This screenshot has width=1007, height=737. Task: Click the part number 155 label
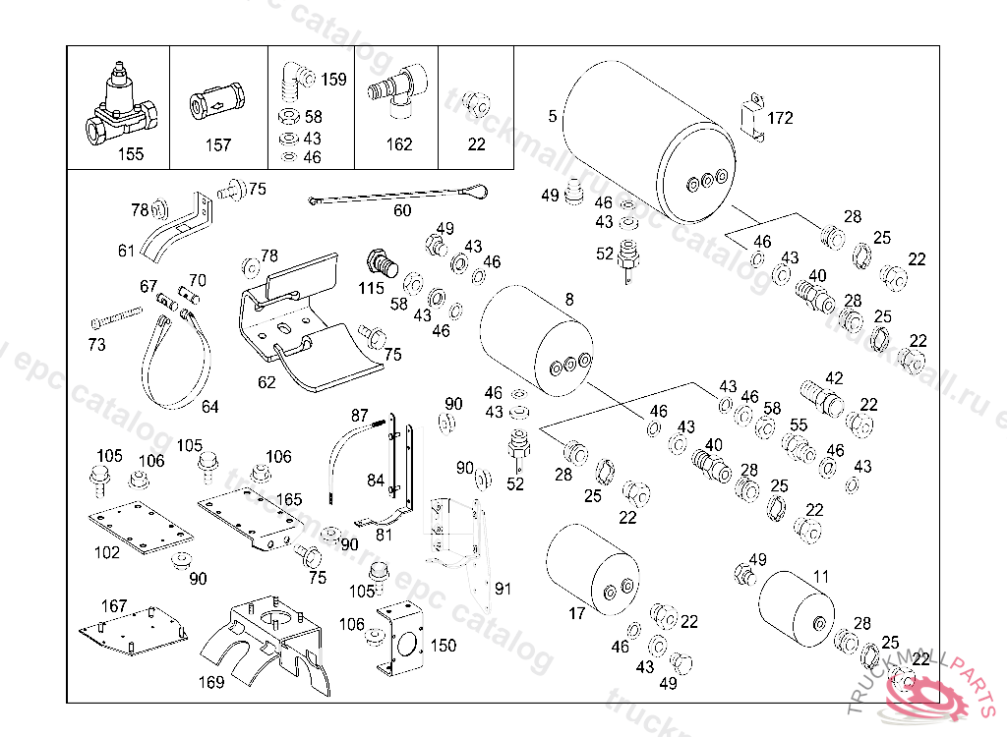pos(130,153)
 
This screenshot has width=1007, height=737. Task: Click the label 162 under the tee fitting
pos(398,144)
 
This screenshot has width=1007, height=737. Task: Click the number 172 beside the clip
pos(780,118)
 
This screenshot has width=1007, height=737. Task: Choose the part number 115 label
pos(371,289)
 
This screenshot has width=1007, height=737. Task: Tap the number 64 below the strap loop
pos(209,407)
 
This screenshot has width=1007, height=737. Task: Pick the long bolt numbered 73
pos(116,320)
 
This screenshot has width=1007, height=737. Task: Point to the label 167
pos(115,606)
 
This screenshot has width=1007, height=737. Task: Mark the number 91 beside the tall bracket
pos(503,589)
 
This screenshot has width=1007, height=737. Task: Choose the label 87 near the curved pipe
pos(359,415)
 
